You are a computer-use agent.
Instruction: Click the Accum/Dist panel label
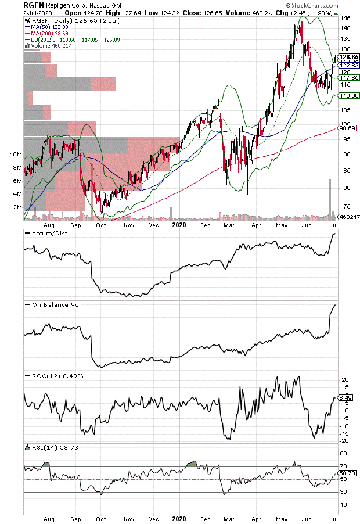coord(44,233)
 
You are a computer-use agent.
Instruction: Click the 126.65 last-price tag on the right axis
coord(347,57)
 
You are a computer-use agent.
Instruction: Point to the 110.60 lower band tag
coord(347,95)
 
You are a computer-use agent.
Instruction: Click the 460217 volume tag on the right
coord(347,217)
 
